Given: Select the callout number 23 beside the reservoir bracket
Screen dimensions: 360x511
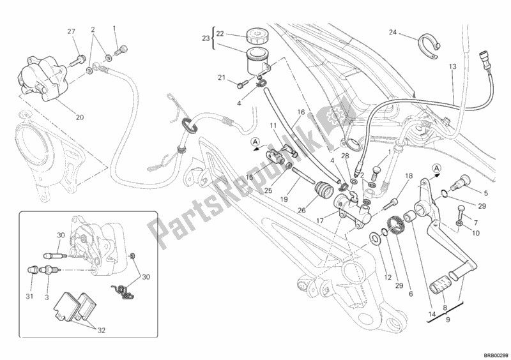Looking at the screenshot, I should pos(206,38).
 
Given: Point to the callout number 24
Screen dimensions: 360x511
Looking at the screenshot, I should pos(392,32).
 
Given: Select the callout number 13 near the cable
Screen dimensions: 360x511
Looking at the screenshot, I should pos(452,66).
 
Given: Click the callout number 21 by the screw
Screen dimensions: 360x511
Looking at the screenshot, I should pos(221,78).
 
